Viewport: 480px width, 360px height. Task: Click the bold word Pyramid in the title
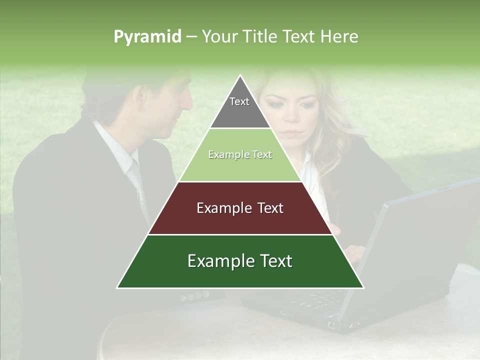click(x=147, y=37)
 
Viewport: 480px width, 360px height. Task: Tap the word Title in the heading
click(x=260, y=36)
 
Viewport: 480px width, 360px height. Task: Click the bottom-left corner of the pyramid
click(x=118, y=287)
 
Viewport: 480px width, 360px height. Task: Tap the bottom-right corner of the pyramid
click(x=363, y=287)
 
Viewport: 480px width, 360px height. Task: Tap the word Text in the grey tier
click(x=239, y=101)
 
